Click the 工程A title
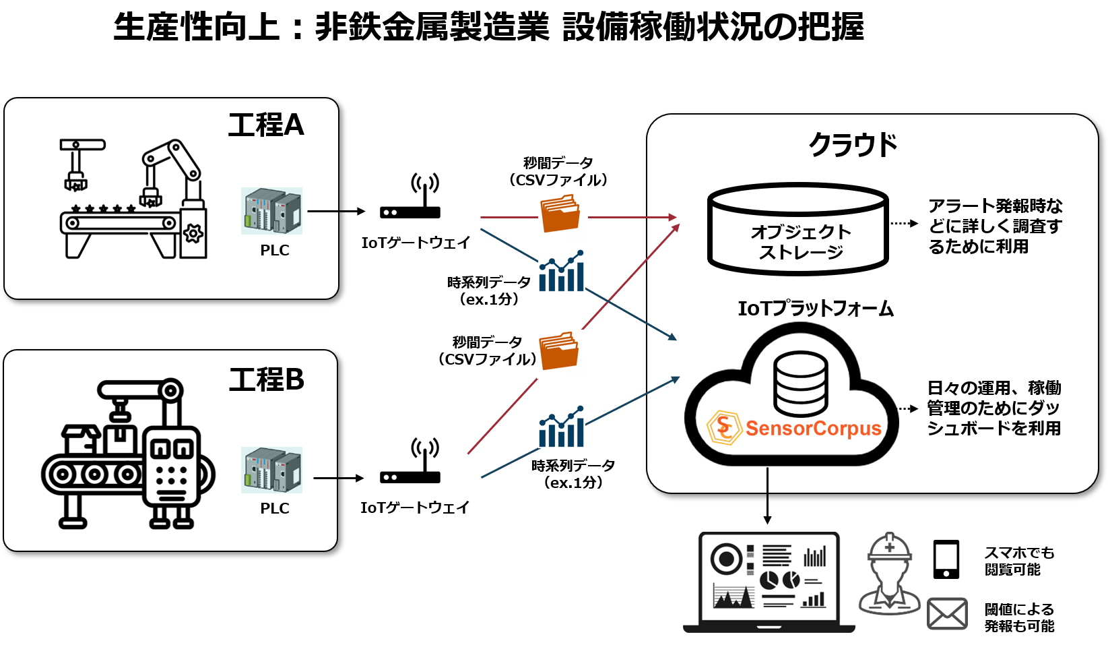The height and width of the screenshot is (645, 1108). (x=266, y=125)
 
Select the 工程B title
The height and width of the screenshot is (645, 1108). (x=266, y=379)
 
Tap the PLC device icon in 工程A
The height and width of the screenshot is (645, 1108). (x=272, y=211)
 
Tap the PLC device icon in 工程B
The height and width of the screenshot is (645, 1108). (x=272, y=470)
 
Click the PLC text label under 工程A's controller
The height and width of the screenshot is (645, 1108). (x=275, y=250)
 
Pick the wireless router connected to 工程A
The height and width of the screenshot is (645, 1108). (x=410, y=195)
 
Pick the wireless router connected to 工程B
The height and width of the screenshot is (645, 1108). (x=410, y=460)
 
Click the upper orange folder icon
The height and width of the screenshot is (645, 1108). (x=562, y=216)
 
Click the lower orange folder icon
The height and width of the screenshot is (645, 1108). (x=561, y=354)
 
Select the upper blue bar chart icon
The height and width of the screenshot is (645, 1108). (x=562, y=270)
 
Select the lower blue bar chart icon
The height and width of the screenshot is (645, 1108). (x=562, y=426)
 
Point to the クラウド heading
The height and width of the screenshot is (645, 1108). (x=853, y=145)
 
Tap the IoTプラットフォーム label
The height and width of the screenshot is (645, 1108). (x=816, y=309)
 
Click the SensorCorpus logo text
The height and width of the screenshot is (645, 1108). (x=813, y=429)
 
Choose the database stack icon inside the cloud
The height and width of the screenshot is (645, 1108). (x=800, y=383)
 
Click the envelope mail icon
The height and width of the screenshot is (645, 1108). (x=947, y=613)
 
